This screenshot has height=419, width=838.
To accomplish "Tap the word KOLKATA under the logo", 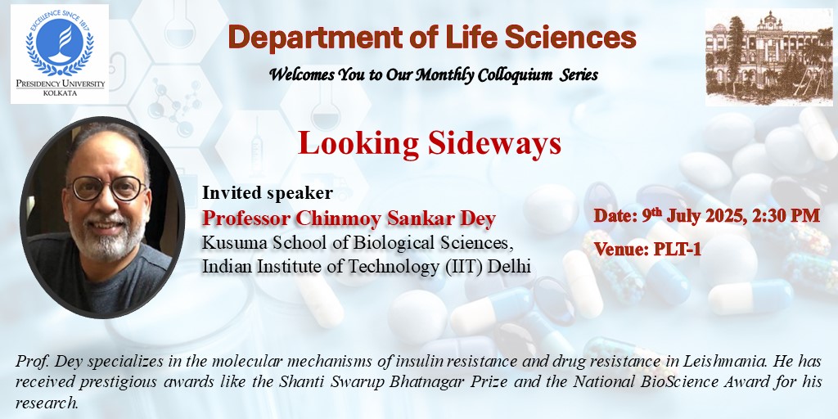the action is [60, 93].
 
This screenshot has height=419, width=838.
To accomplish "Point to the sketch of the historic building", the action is [768, 56].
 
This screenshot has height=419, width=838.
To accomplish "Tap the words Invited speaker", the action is [268, 193].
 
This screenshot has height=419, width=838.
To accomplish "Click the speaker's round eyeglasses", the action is [107, 188].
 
